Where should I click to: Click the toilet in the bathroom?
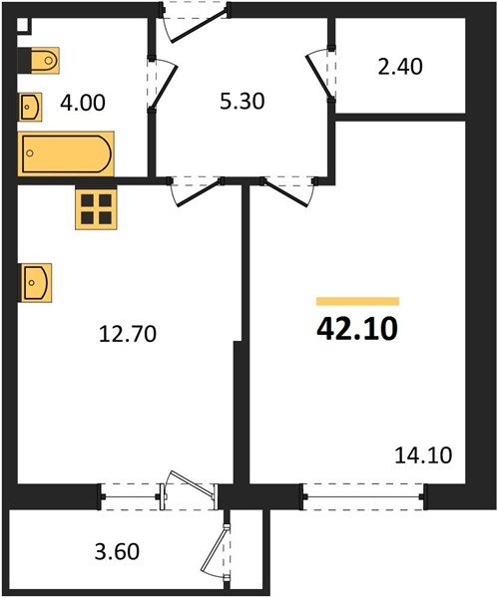tap(43, 61)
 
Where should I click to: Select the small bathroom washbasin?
tap(30, 105)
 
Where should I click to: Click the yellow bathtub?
tap(67, 152)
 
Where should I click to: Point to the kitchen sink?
tap(35, 282)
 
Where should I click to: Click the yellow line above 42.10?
tap(357, 300)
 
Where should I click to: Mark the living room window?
tap(364, 493)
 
